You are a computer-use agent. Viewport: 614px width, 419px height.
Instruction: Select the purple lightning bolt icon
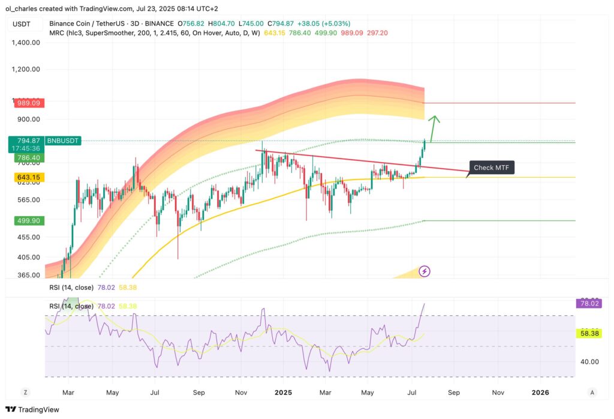click(425, 271)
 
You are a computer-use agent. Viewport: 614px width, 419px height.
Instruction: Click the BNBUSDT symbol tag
click(63, 140)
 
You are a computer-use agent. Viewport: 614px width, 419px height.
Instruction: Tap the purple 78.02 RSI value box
click(589, 304)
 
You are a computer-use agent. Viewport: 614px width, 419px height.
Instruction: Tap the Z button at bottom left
click(25, 392)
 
